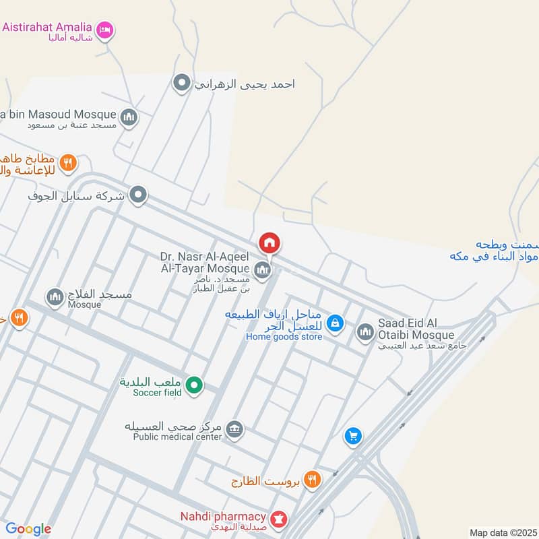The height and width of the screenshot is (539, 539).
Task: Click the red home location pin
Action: (x=269, y=243)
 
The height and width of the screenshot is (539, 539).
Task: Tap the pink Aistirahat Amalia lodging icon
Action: (x=105, y=30)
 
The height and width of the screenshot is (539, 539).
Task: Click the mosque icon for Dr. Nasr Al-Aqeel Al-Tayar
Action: (x=263, y=271)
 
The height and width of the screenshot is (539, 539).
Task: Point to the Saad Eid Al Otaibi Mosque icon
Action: (x=365, y=331)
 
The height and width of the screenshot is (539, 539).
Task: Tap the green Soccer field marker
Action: (x=195, y=385)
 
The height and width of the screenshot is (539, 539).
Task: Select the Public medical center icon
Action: (x=234, y=429)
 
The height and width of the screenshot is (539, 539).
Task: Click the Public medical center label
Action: (x=177, y=436)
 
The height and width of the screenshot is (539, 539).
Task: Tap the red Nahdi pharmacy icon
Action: (x=279, y=519)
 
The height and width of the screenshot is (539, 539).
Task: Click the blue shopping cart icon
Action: (x=352, y=437)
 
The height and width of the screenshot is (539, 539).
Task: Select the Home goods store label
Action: (x=284, y=336)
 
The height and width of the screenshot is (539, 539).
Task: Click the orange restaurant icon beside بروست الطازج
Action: (x=311, y=480)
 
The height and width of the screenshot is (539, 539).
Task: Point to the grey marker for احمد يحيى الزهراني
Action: (x=181, y=84)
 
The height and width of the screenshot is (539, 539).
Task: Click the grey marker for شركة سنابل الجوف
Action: (x=138, y=196)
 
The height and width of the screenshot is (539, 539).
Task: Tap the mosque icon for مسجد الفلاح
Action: (x=55, y=296)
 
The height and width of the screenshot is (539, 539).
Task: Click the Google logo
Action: (x=28, y=529)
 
